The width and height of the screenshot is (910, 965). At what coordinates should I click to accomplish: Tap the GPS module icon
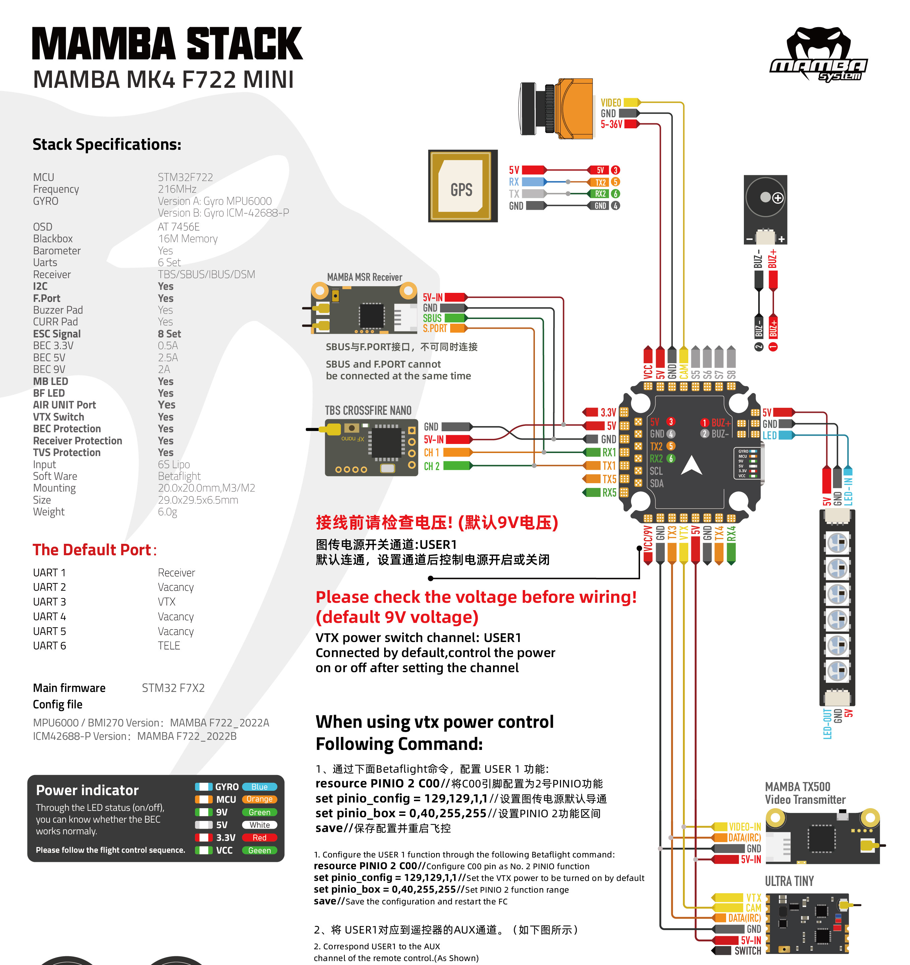coord(463,186)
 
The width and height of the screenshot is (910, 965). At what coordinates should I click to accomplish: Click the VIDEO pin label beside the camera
coord(611,103)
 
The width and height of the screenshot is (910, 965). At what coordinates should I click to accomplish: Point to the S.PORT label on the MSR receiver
coord(434,329)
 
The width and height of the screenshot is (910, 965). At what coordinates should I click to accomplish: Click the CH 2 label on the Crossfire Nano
coord(431,466)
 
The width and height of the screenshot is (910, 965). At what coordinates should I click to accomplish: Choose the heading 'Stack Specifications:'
coord(107,145)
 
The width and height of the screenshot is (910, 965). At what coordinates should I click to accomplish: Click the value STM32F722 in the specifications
coord(185,177)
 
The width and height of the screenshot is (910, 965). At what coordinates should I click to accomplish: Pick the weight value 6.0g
coord(167,512)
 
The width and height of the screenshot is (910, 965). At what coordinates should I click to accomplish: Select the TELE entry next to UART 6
coord(169,646)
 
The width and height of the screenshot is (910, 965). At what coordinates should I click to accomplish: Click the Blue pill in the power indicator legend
coord(259,787)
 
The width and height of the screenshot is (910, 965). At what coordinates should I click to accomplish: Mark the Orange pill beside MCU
coord(259,799)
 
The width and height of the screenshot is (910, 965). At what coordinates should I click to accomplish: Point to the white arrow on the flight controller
coord(692,466)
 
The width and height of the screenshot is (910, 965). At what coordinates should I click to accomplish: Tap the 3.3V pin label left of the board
coord(608,412)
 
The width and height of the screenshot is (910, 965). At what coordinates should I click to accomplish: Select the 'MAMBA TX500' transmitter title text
coord(797,787)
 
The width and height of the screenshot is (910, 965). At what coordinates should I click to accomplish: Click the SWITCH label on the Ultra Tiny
coord(748,951)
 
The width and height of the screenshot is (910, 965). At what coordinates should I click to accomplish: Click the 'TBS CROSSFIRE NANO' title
coord(368,411)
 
